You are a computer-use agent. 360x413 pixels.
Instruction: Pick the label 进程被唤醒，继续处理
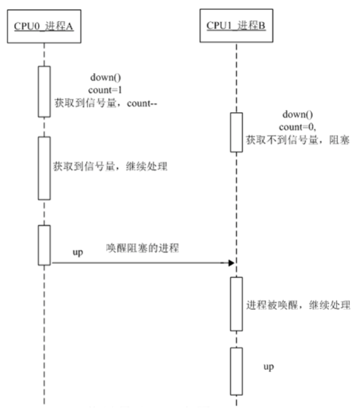tap(298, 304)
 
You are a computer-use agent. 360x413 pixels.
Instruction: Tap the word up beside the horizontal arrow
tap(78, 253)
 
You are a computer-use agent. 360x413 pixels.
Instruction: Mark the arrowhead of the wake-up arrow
tap(231, 263)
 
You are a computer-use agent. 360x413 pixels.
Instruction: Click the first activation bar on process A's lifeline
tap(44, 91)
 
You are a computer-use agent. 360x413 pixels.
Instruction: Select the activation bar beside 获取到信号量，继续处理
tap(44, 167)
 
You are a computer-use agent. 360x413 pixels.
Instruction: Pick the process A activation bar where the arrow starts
tap(44, 244)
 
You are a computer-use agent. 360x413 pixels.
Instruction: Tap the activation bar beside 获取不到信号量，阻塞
tap(236, 132)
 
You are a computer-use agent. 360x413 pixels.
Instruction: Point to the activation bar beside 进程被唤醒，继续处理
tap(236, 304)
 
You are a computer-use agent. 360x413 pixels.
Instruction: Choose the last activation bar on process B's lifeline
tap(236, 370)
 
